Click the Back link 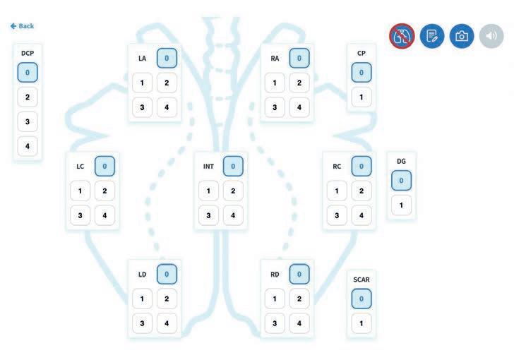(x=23, y=26)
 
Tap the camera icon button (x=462, y=36)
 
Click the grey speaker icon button (x=491, y=36)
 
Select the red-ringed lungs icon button (x=402, y=36)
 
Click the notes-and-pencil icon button (x=432, y=36)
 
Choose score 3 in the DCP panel (x=28, y=122)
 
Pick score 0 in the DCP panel (x=28, y=72)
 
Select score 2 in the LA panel (x=167, y=83)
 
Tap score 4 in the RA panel (x=299, y=107)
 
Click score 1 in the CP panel (x=361, y=97)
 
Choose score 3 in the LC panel (x=80, y=215)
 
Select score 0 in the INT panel (x=233, y=167)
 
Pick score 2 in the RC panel (x=361, y=191)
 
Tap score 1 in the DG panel (x=401, y=206)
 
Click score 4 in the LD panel (x=167, y=324)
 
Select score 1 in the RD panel (x=275, y=299)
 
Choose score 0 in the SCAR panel (x=361, y=299)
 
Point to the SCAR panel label (x=361, y=280)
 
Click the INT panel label (x=208, y=167)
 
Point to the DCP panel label (x=28, y=53)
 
